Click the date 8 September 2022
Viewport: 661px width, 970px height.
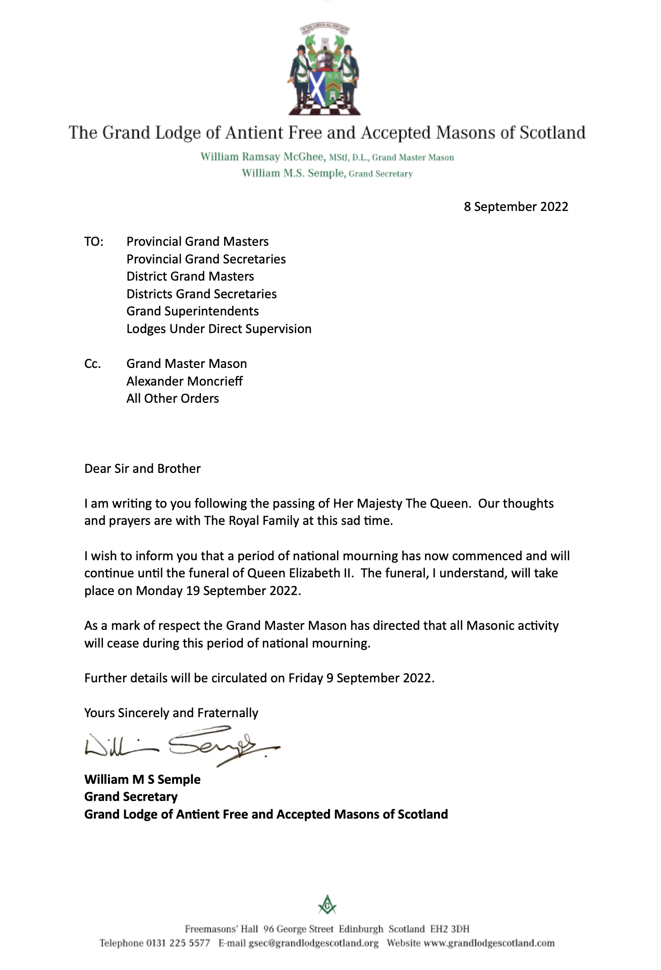point(516,206)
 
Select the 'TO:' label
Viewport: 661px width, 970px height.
point(94,242)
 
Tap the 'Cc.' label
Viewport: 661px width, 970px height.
point(93,364)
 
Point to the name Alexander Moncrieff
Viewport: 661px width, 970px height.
point(184,381)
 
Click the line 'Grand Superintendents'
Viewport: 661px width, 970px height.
point(192,311)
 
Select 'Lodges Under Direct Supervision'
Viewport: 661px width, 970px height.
point(218,329)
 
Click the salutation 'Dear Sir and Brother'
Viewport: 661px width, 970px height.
point(142,469)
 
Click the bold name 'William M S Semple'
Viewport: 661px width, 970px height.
point(142,779)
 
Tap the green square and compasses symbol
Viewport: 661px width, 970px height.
point(327,905)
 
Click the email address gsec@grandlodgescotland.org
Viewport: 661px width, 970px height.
point(313,943)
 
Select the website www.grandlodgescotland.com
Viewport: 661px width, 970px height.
point(488,943)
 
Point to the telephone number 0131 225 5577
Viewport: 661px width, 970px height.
point(178,943)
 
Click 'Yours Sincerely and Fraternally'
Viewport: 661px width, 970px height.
point(171,713)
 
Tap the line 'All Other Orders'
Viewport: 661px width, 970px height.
point(173,399)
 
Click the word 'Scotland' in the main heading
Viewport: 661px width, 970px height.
point(552,133)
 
